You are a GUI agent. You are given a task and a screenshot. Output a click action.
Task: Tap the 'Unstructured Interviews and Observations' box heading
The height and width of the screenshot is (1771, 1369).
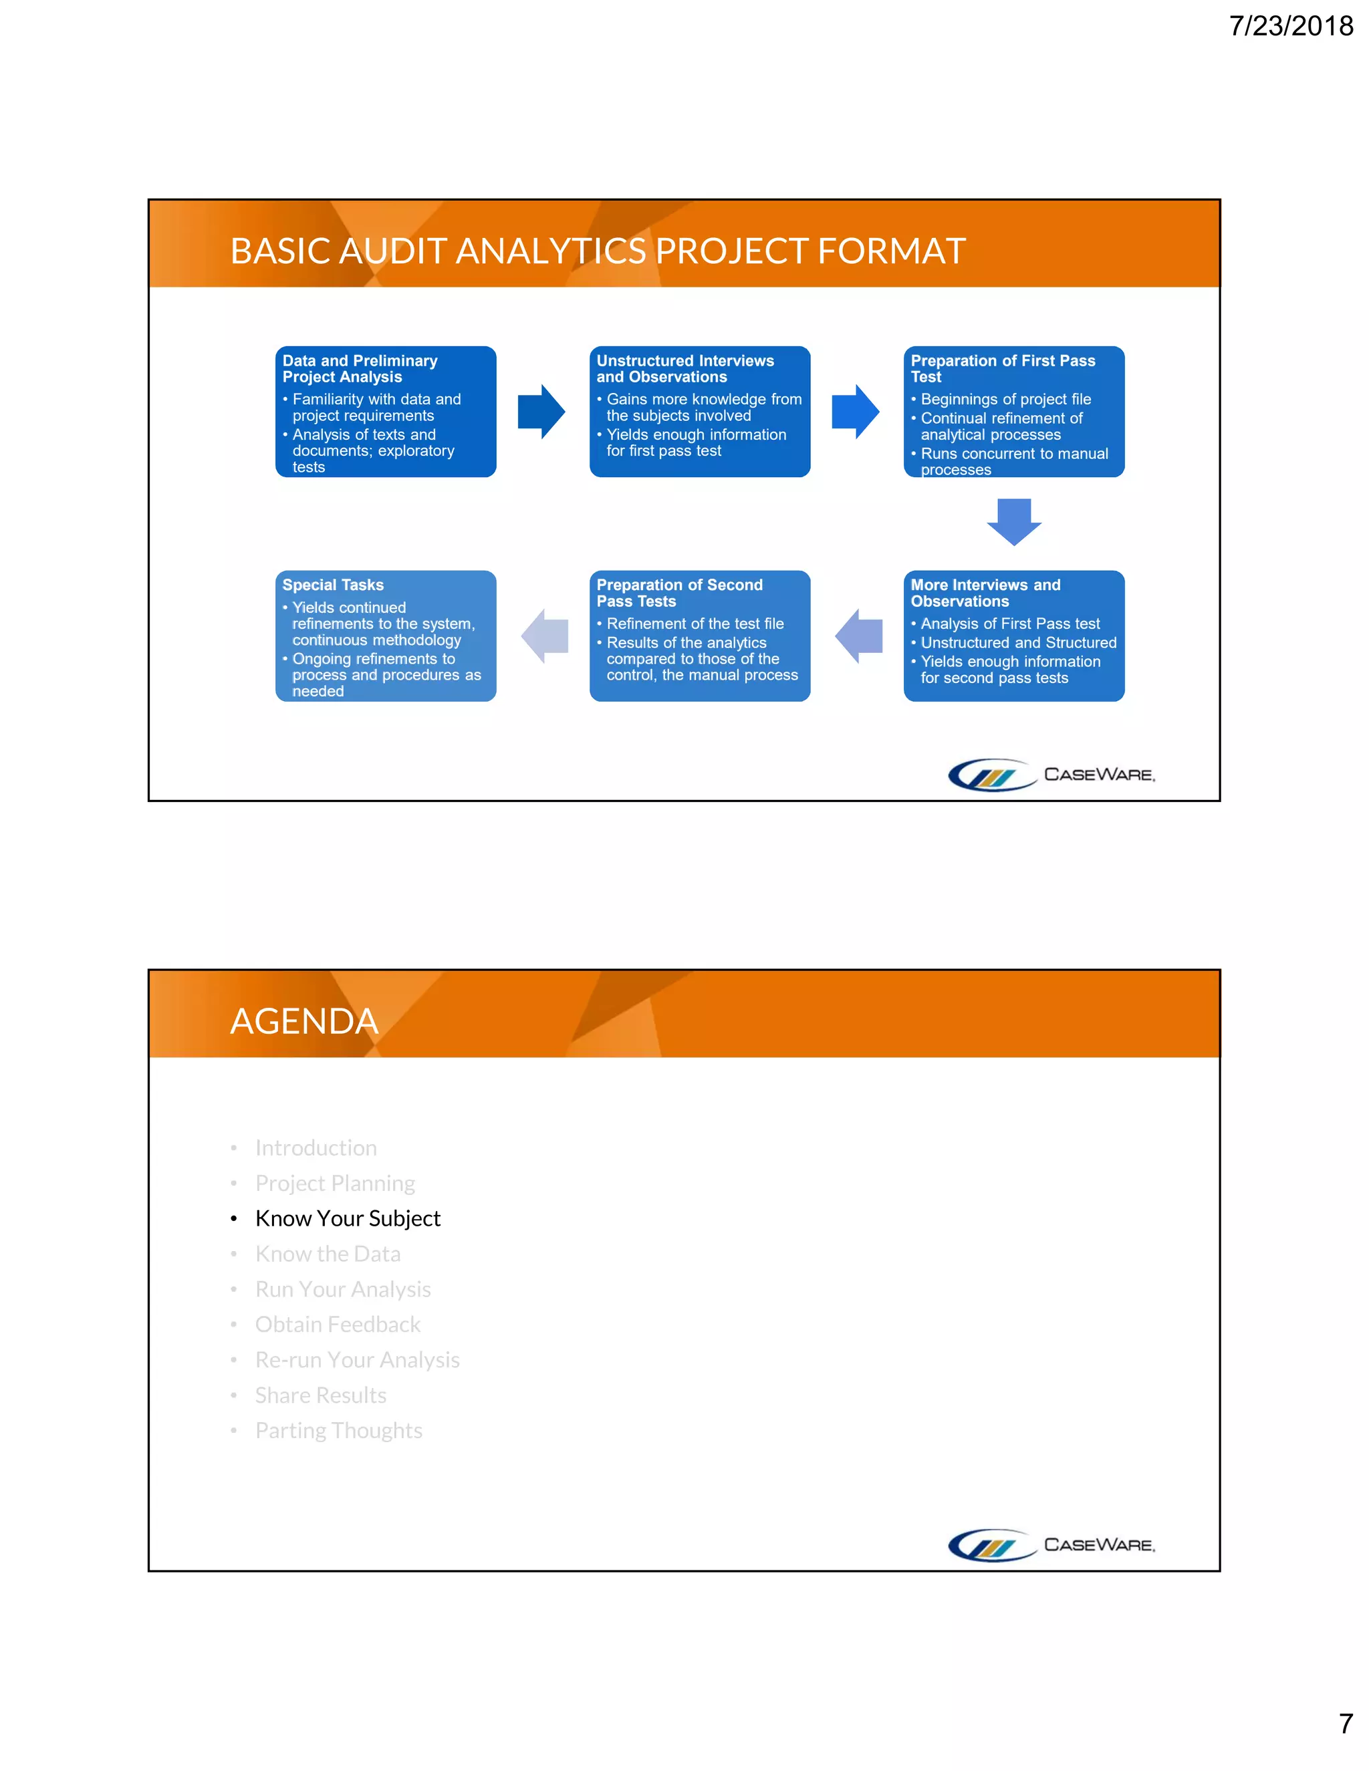click(x=684, y=369)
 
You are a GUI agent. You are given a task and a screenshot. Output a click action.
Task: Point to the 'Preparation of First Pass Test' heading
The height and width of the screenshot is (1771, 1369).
click(x=1003, y=369)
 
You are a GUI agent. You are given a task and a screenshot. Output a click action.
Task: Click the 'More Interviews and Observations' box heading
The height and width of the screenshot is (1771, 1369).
click(x=985, y=593)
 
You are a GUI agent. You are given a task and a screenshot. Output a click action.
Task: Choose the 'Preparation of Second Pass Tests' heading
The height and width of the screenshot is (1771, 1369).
click(x=679, y=593)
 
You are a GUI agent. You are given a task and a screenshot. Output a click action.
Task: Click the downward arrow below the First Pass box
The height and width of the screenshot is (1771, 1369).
click(x=1014, y=521)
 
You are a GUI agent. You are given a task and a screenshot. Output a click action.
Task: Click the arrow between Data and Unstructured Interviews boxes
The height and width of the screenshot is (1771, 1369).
click(x=541, y=412)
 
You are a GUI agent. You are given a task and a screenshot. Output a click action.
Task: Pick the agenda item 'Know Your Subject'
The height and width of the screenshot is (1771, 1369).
click(x=347, y=1218)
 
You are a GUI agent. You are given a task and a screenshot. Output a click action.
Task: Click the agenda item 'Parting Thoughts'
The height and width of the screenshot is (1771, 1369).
click(x=338, y=1429)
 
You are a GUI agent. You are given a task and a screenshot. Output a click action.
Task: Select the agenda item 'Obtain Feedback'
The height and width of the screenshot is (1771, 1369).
click(x=338, y=1324)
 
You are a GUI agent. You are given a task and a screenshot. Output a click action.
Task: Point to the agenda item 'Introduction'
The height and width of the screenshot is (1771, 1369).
click(x=316, y=1147)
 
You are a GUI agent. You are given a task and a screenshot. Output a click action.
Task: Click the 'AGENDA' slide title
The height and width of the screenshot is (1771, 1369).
click(x=304, y=1021)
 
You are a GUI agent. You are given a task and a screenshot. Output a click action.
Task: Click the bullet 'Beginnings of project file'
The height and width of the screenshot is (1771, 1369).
click(x=1005, y=399)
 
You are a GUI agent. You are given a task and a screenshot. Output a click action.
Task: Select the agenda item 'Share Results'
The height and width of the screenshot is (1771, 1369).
click(x=320, y=1395)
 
